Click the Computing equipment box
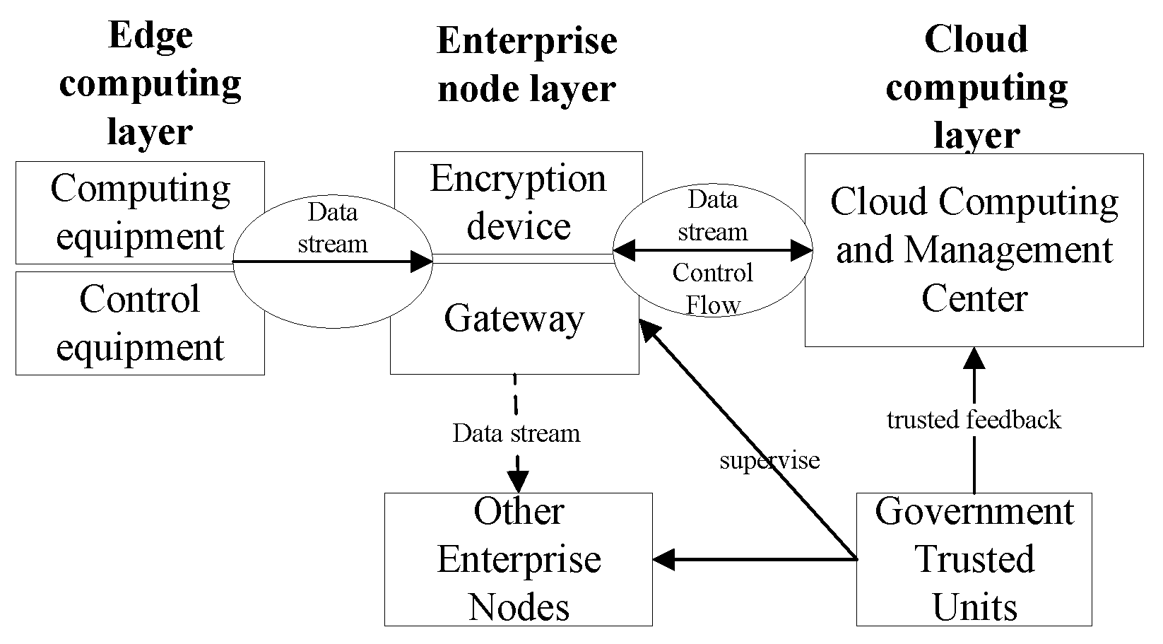140,212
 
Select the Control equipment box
140,323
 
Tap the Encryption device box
517,202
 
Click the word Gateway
514,318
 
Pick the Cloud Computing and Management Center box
974,250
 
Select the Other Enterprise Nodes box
518,559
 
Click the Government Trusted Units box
974,559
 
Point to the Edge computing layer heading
150,83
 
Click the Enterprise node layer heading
526,65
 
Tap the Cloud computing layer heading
976,86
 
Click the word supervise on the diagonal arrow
769,461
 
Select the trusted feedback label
974,420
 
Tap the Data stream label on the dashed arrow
516,433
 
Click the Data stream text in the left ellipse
332,228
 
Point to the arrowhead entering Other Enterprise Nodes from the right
663,560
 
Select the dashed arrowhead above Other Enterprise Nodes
518,483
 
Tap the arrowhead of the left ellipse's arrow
422,262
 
